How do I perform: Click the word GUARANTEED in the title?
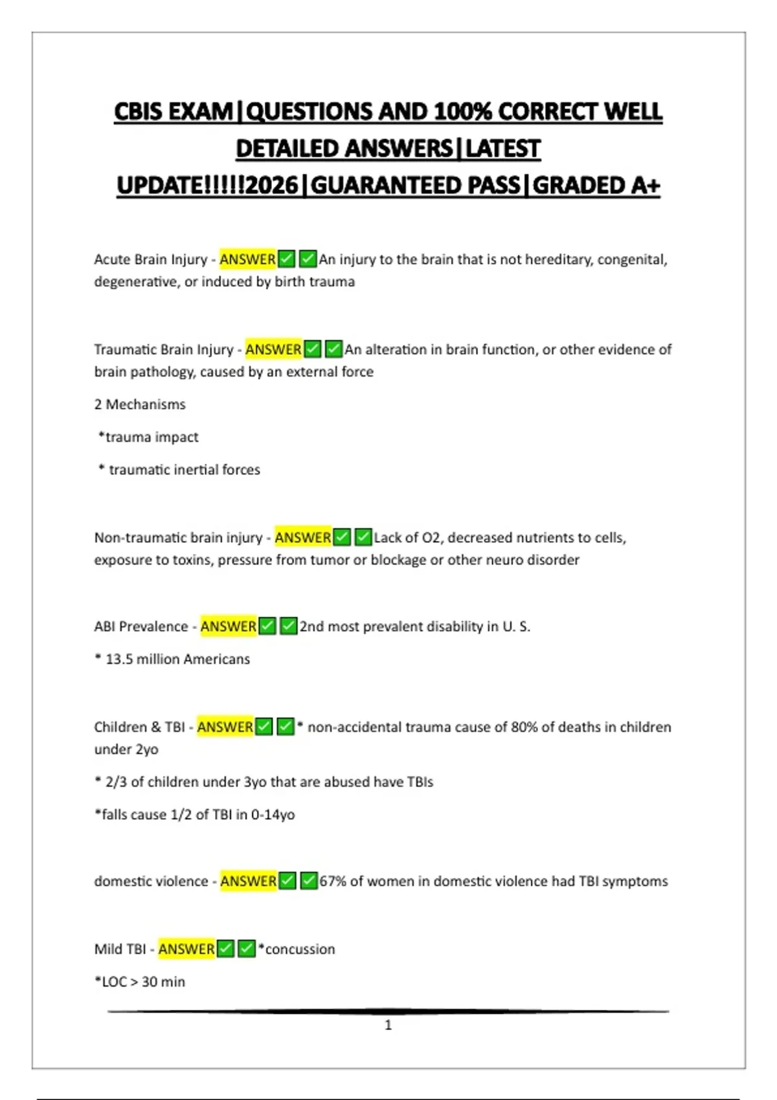click(415, 186)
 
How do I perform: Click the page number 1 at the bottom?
click(388, 1025)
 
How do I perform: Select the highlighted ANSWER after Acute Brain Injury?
click(247, 259)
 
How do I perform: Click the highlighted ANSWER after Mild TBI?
click(186, 949)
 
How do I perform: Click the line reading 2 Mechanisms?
click(140, 404)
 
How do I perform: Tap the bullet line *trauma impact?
click(148, 437)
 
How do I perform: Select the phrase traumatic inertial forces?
click(185, 470)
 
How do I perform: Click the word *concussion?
click(297, 949)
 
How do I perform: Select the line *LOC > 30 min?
click(140, 982)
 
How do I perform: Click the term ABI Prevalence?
click(141, 627)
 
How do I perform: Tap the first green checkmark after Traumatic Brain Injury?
click(313, 349)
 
